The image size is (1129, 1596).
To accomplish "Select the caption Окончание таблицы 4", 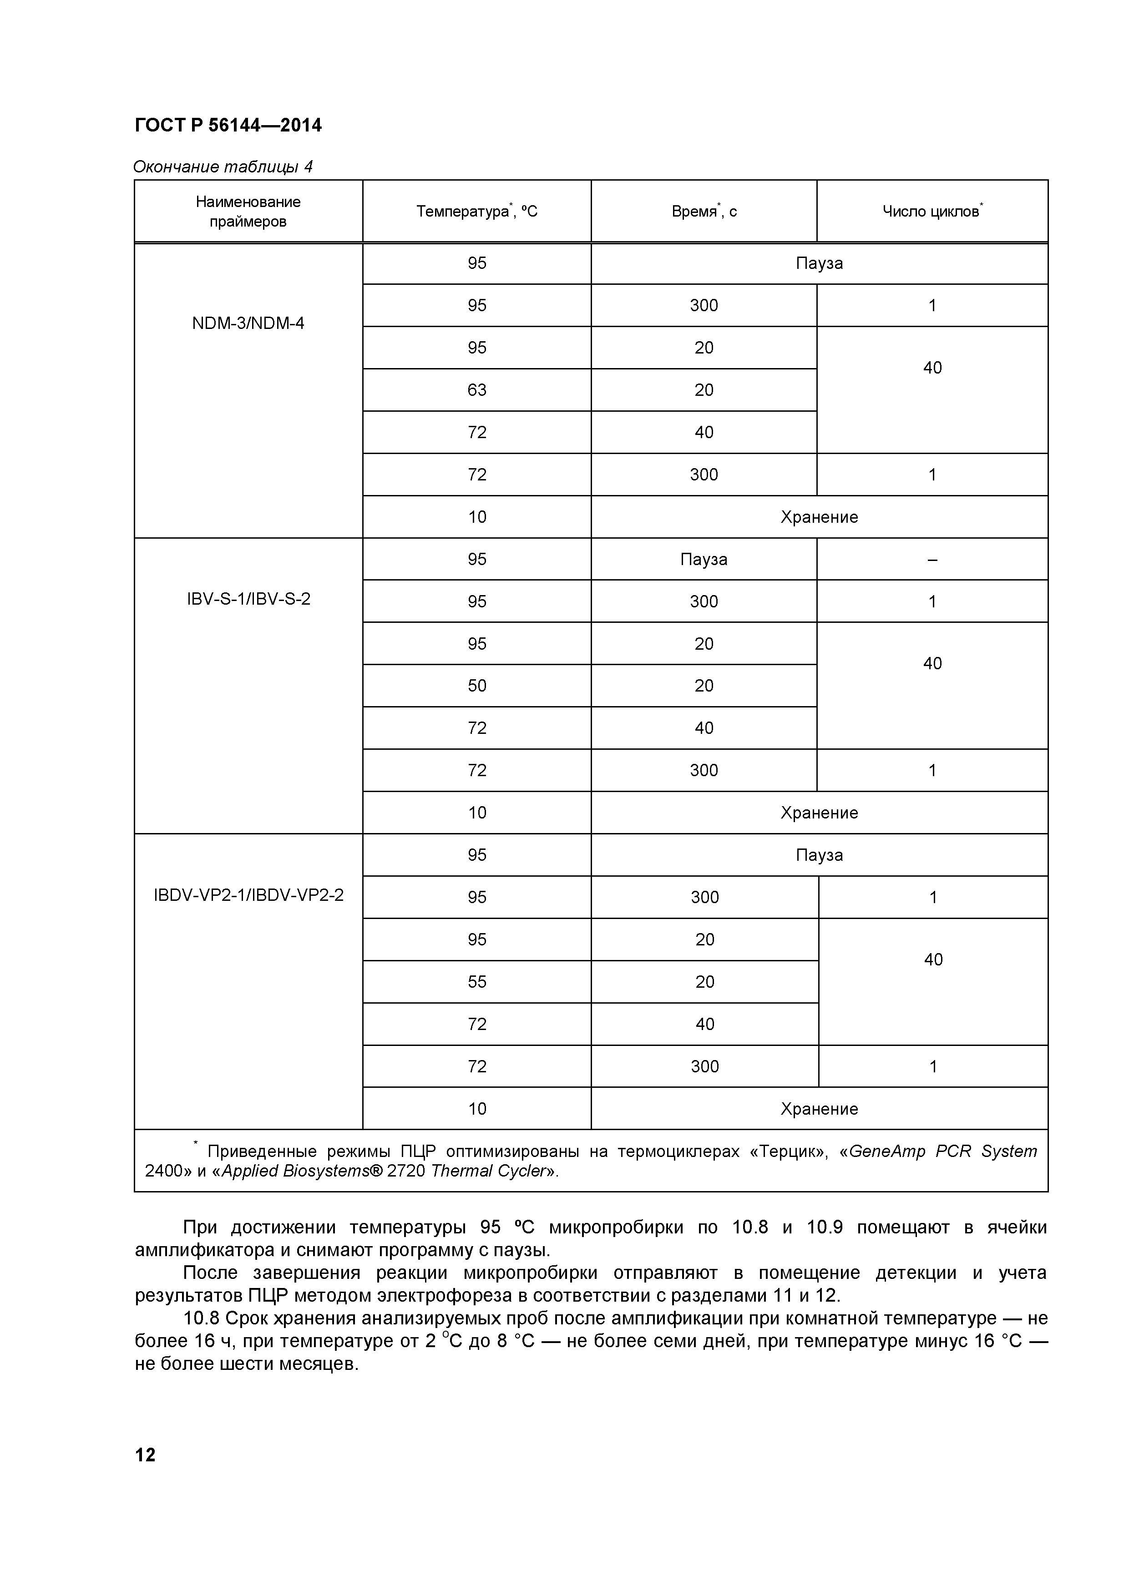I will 223,167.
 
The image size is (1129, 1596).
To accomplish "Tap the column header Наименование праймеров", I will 248,211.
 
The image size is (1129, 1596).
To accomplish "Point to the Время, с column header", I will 704,211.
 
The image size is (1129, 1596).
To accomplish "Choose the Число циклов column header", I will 932,211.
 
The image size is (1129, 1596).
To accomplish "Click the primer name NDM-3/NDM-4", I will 248,323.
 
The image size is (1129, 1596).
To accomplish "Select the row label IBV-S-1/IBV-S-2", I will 248,599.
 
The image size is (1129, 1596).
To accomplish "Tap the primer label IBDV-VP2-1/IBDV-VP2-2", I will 248,894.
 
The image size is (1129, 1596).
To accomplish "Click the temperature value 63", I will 477,390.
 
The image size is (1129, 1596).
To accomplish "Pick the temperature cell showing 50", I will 477,686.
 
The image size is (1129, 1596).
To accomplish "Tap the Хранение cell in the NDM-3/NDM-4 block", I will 819,517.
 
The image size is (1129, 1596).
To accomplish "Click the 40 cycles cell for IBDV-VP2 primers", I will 933,960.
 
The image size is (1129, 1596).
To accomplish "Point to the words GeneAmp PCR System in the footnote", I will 942,1152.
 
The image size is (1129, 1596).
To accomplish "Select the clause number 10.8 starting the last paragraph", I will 202,1318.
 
